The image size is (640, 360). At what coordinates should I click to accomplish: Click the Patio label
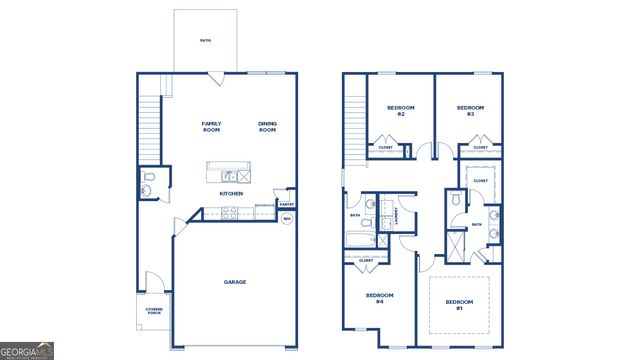(x=205, y=41)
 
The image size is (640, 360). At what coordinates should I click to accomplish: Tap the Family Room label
(x=211, y=126)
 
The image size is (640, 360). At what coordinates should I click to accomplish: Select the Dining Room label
(x=267, y=126)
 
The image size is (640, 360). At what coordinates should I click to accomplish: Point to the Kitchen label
(x=231, y=193)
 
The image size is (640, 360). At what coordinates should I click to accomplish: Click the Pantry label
(x=286, y=205)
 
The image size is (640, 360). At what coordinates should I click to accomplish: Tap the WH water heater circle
(x=286, y=219)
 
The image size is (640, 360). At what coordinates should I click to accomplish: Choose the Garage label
(x=234, y=281)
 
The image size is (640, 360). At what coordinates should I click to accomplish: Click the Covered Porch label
(x=154, y=311)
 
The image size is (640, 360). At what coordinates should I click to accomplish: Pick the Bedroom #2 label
(x=400, y=110)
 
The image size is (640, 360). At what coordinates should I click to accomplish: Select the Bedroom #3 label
(x=470, y=110)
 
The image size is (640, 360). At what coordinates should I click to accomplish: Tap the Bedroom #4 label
(x=379, y=298)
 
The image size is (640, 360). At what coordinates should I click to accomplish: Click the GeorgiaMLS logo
(x=27, y=351)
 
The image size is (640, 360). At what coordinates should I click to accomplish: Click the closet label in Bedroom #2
(x=385, y=147)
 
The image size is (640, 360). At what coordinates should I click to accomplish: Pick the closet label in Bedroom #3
(x=479, y=147)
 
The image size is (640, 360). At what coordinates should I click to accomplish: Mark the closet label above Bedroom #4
(x=365, y=260)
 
